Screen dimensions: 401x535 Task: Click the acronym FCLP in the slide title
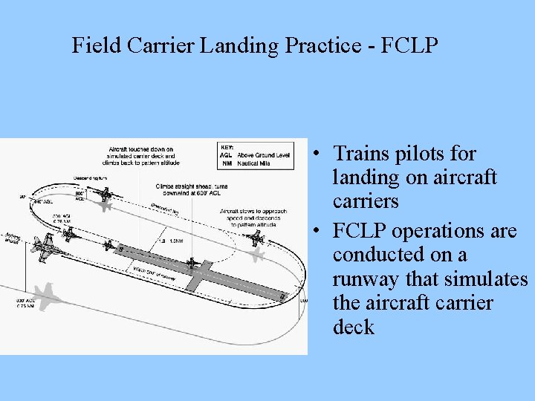pyautogui.click(x=409, y=46)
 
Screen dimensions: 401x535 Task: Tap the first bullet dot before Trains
pyautogui.click(x=317, y=154)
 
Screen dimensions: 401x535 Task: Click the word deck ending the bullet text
pyautogui.click(x=354, y=327)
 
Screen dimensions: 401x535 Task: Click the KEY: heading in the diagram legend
pyautogui.click(x=227, y=147)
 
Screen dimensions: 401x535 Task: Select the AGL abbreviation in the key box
pyautogui.click(x=226, y=155)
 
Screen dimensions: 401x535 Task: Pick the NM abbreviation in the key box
pyautogui.click(x=227, y=163)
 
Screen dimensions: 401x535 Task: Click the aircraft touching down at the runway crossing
pyautogui.click(x=192, y=261)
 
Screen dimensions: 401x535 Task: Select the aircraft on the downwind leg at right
pyautogui.click(x=255, y=238)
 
